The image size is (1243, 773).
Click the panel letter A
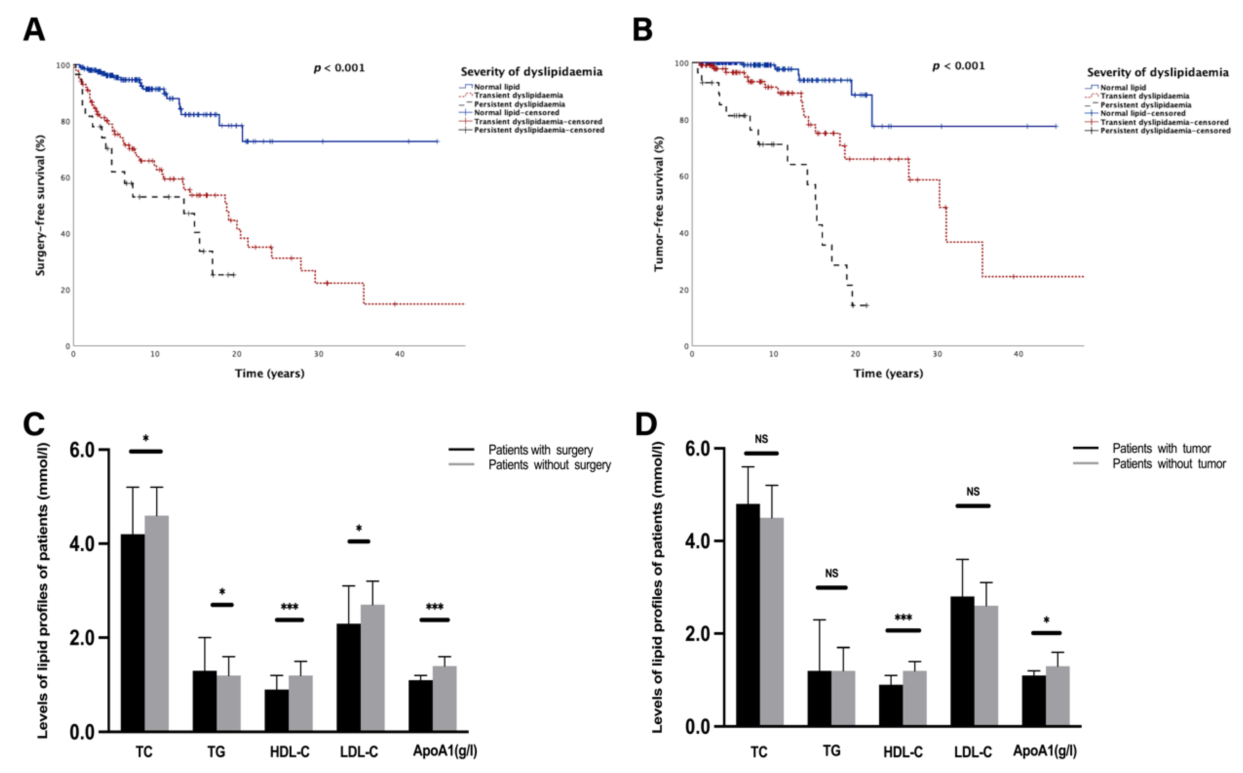34,30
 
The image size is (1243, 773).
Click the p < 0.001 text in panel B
958,66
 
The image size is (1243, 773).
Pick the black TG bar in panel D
819,698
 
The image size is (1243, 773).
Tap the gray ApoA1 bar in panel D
1058,696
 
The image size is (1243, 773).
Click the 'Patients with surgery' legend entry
541,450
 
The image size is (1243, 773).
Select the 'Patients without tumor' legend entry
1169,464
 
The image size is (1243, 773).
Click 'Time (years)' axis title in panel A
270,373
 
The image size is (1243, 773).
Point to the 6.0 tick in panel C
83,450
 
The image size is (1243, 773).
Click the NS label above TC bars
761,439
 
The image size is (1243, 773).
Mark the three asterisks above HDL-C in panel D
903,617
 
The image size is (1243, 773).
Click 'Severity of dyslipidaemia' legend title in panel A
531,72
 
